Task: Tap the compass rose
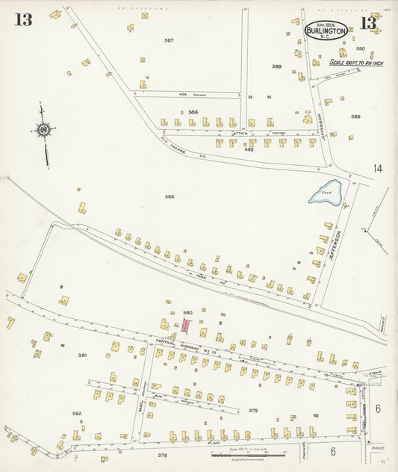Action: pyautogui.click(x=43, y=131)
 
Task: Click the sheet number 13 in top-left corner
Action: pyautogui.click(x=23, y=20)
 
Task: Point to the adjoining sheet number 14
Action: pyautogui.click(x=378, y=170)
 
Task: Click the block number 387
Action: pyautogui.click(x=169, y=40)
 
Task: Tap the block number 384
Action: pyautogui.click(x=170, y=196)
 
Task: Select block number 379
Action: pyautogui.click(x=253, y=410)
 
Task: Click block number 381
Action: pyautogui.click(x=83, y=355)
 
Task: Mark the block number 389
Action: pyautogui.click(x=355, y=117)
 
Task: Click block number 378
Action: pyautogui.click(x=162, y=454)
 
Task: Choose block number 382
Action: pyautogui.click(x=76, y=413)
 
